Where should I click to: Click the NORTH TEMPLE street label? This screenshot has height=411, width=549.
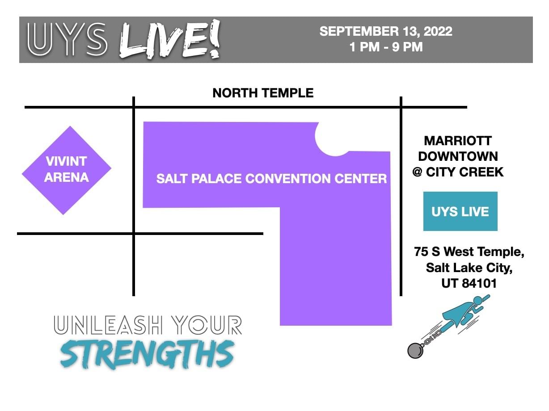pyautogui.click(x=262, y=93)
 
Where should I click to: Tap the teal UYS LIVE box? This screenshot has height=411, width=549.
pyautogui.click(x=460, y=211)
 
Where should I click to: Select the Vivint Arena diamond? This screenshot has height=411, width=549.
pyautogui.click(x=67, y=170)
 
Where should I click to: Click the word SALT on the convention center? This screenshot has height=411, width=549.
pyautogui.click(x=172, y=179)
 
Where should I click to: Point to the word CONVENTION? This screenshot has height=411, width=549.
pyautogui.click(x=288, y=179)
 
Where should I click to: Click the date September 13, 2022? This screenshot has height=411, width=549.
pyautogui.click(x=386, y=31)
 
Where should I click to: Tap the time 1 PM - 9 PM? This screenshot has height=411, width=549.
pyautogui.click(x=386, y=47)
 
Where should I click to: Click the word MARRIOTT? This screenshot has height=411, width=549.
pyautogui.click(x=458, y=141)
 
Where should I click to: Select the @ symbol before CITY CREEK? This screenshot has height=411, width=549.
pyautogui.click(x=417, y=172)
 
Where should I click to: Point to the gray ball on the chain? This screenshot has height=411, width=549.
pyautogui.click(x=415, y=351)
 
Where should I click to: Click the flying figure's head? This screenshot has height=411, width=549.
pyautogui.click(x=477, y=301)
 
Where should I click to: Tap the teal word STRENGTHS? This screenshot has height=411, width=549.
pyautogui.click(x=148, y=354)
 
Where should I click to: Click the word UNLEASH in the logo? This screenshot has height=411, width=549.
pyautogui.click(x=108, y=325)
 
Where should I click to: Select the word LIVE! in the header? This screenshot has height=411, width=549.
pyautogui.click(x=170, y=39)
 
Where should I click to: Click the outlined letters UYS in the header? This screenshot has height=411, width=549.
pyautogui.click(x=68, y=39)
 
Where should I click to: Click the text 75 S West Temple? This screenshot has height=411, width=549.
pyautogui.click(x=469, y=252)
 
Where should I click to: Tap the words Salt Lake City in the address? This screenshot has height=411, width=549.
pyautogui.click(x=469, y=268)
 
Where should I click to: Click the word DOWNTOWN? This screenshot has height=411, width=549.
pyautogui.click(x=458, y=156)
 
